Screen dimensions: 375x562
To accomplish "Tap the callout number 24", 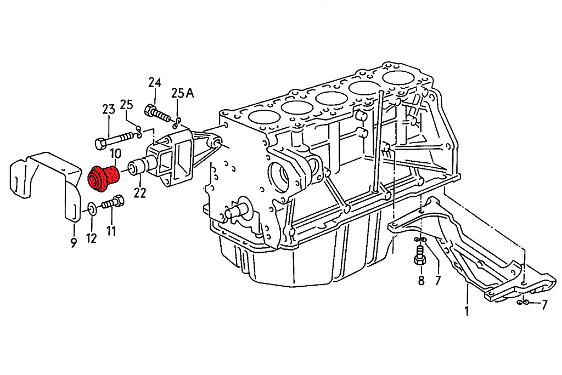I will tap(154, 83).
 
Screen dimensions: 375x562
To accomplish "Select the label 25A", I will tap(183, 93).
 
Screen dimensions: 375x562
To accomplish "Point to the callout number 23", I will tap(108, 109).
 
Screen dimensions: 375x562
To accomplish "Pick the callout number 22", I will tap(140, 194).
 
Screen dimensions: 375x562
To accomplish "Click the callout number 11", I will tap(111, 230).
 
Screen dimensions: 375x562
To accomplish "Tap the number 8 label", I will tap(421, 281).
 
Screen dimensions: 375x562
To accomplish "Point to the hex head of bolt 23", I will tap(100, 144).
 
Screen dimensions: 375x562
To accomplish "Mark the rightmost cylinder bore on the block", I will tap(398, 78).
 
